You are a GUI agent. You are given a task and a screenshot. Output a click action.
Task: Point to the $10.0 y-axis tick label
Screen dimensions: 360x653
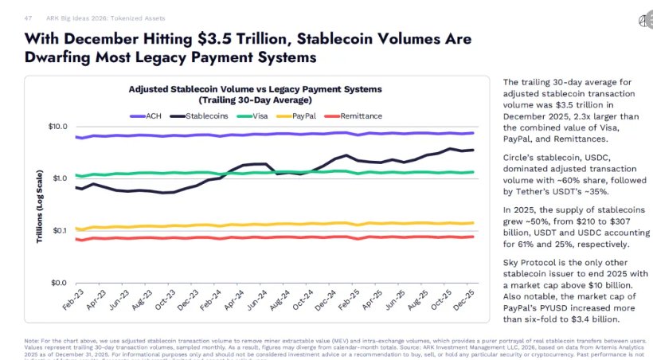tap(57, 127)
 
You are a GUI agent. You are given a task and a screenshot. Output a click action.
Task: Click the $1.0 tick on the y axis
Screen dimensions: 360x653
tap(59, 178)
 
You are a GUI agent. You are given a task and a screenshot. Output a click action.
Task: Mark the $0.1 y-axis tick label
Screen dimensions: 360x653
tap(59, 231)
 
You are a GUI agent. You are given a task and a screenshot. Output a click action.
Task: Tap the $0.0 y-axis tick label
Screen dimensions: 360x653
tap(59, 283)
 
